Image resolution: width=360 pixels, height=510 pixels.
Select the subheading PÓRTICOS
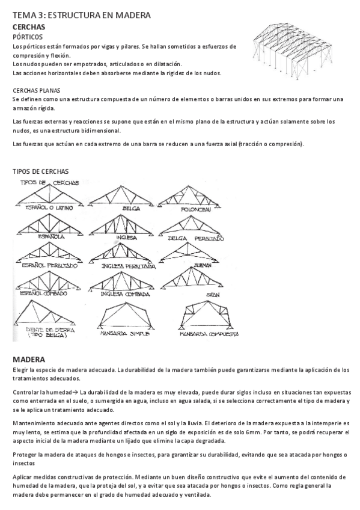pyautogui.click(x=27, y=37)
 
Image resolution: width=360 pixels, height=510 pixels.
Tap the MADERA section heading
pyautogui.click(x=29, y=360)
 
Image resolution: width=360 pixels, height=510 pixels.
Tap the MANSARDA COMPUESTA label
pyautogui.click(x=210, y=333)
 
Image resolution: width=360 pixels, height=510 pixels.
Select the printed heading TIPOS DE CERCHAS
pyautogui.click(x=40, y=171)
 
